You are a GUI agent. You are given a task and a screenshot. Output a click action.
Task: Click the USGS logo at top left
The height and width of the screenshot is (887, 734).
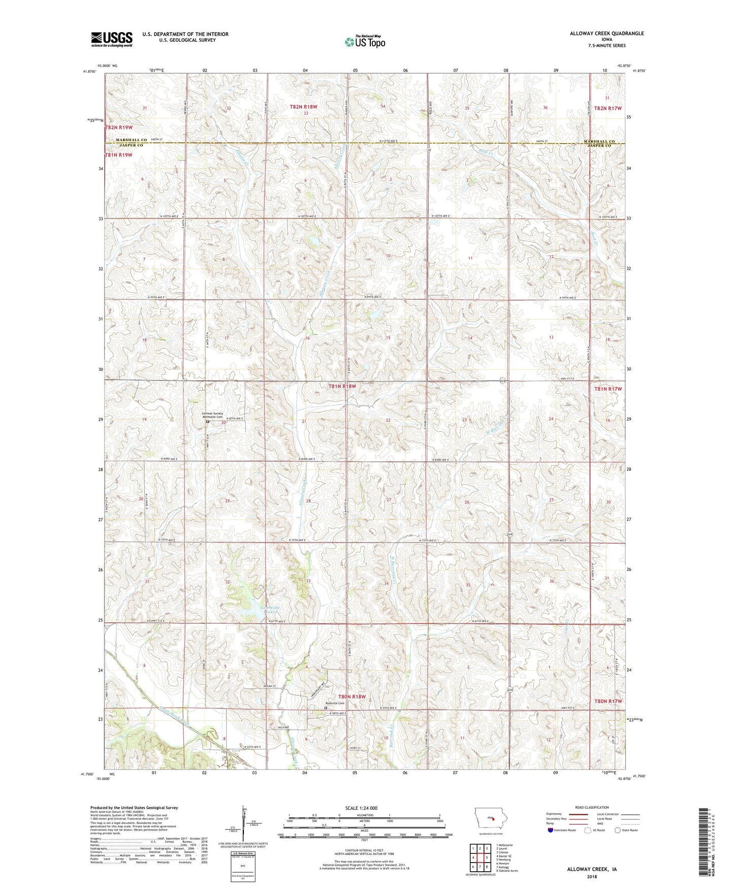[111, 39]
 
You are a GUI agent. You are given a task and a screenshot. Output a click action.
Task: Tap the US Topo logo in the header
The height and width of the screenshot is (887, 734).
[365, 42]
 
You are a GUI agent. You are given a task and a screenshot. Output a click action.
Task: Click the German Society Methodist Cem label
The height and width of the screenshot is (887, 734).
[212, 416]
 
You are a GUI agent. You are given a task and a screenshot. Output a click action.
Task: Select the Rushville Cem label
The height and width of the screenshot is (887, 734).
[335, 703]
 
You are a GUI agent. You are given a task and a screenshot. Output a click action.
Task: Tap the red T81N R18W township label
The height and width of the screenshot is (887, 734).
[343, 386]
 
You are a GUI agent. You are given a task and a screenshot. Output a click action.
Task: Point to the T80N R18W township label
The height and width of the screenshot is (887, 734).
[352, 696]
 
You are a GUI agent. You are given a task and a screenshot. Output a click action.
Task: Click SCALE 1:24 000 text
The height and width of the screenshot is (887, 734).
[361, 808]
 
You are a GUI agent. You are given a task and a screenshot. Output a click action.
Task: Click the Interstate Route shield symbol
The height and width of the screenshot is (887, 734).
[550, 830]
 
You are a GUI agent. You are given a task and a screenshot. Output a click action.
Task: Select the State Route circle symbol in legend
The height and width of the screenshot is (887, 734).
[617, 830]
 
